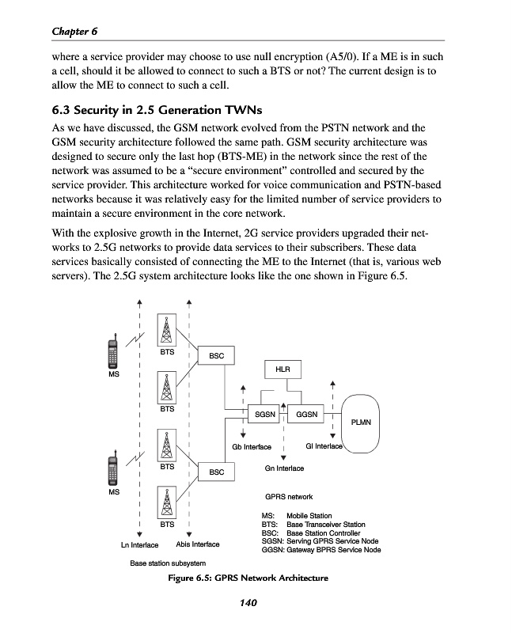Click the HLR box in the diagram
[283, 370]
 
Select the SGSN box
[266, 414]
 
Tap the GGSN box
[307, 414]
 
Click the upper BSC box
[216, 357]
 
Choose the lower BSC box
[216, 472]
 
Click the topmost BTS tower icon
[167, 329]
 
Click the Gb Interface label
[252, 447]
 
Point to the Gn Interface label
[284, 468]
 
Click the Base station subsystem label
[167, 563]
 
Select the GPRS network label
[289, 497]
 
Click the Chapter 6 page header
[74, 31]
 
